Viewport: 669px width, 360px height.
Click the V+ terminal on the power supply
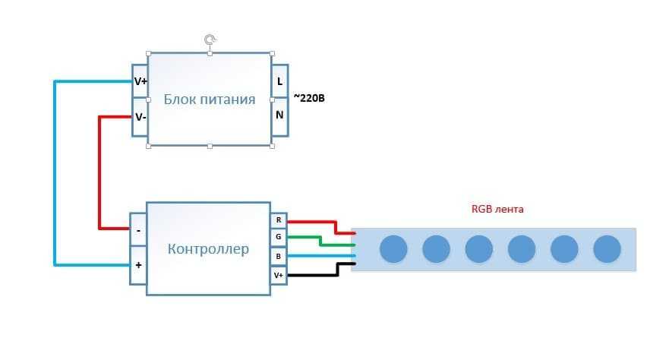[x=140, y=81]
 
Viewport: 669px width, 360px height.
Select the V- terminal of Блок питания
[x=140, y=117]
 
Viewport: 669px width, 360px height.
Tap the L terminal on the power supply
[x=279, y=81]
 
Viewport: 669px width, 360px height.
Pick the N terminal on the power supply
[x=279, y=115]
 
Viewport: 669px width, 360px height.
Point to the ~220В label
[x=309, y=98]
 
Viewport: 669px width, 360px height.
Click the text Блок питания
[x=210, y=99]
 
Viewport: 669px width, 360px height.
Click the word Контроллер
[x=208, y=249]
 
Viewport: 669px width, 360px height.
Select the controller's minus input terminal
[x=138, y=229]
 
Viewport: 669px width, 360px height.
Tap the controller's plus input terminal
[x=138, y=265]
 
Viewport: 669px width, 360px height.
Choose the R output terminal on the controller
[x=279, y=220]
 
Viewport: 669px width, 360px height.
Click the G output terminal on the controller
[x=279, y=238]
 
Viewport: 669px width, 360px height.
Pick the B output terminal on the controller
[x=279, y=256]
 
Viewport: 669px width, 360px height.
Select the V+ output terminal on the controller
[x=279, y=274]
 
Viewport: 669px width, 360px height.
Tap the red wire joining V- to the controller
[x=99, y=175]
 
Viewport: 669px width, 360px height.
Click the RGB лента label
[x=497, y=209]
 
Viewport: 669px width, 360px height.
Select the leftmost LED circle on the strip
[x=393, y=249]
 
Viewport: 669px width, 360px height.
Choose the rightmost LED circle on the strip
[x=607, y=249]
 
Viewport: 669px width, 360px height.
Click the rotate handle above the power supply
[x=210, y=38]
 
